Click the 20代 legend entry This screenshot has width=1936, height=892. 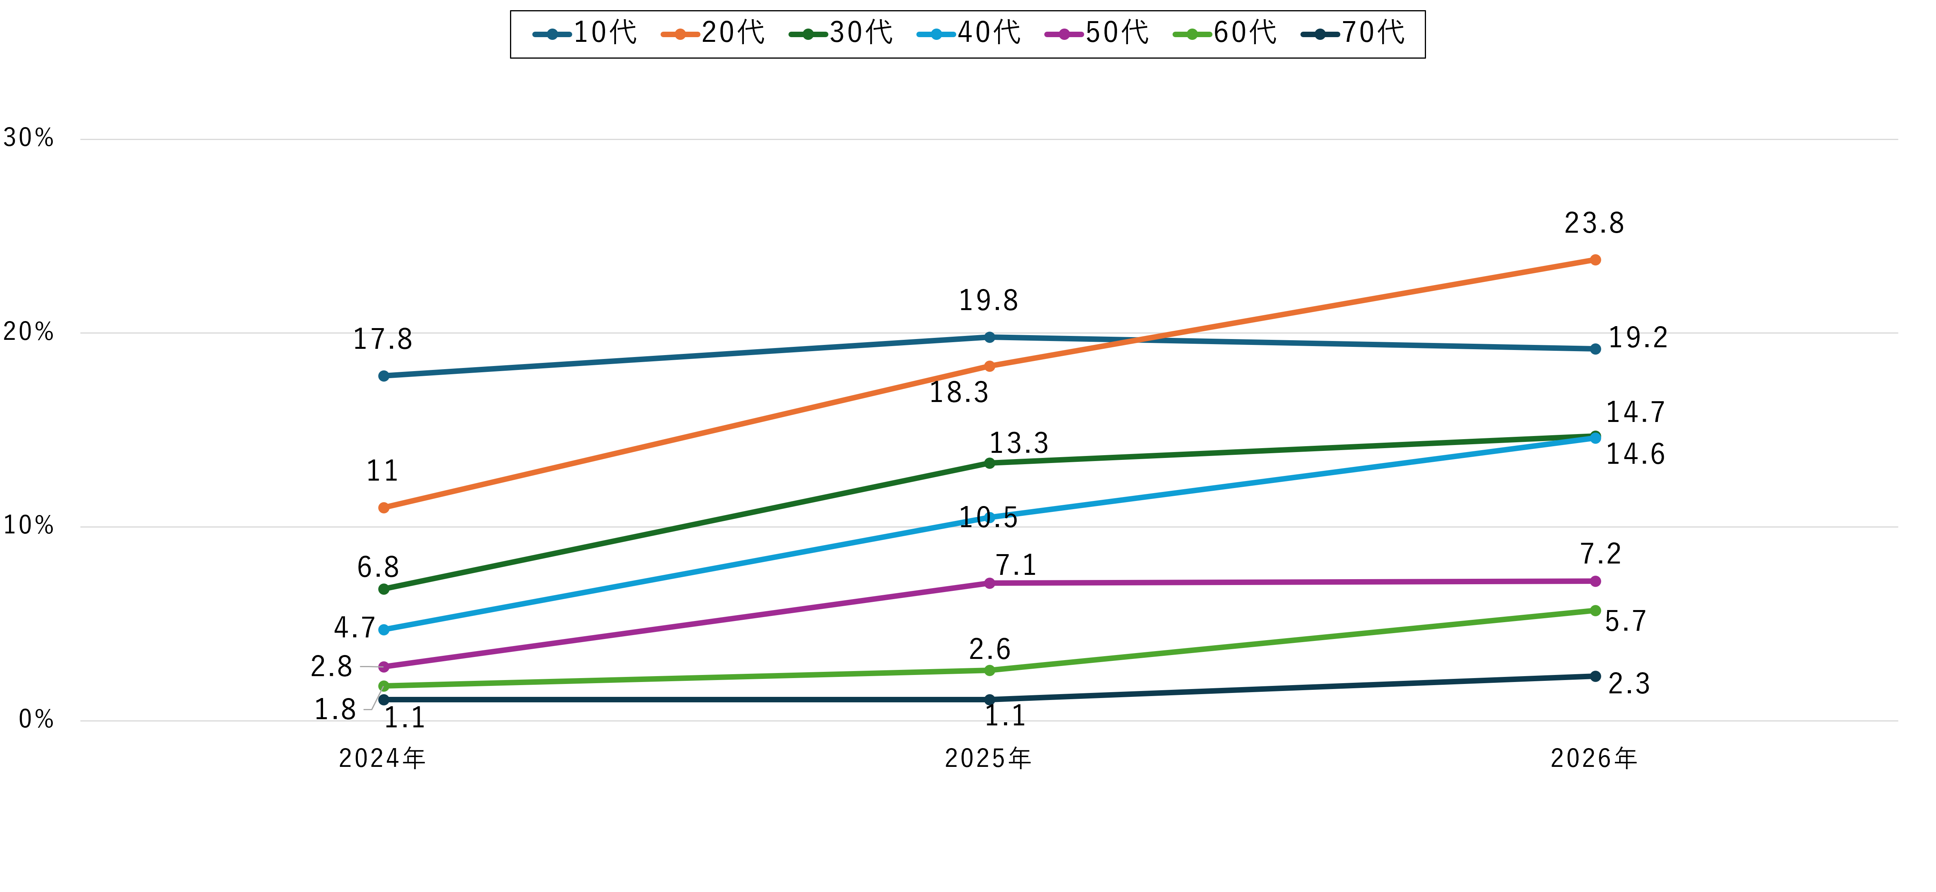713,33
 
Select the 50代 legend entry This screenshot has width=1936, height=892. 1097,33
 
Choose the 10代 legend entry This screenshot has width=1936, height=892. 585,33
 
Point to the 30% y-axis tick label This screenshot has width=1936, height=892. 29,138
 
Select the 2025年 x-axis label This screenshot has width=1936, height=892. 988,758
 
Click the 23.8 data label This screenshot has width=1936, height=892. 1594,223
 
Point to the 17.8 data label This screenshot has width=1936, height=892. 383,340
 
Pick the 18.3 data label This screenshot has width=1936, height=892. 959,392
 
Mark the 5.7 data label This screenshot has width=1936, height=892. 1625,621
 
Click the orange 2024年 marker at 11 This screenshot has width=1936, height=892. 384,508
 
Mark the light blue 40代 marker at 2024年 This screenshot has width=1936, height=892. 384,630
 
